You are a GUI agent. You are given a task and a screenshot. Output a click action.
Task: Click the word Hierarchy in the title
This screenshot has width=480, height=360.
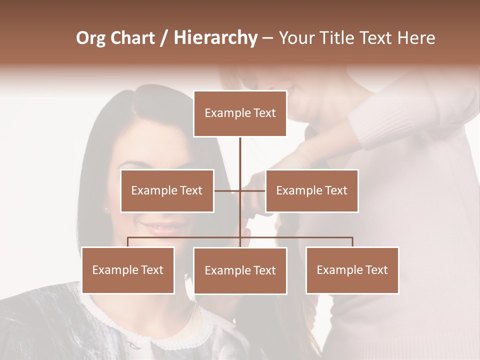tap(215, 38)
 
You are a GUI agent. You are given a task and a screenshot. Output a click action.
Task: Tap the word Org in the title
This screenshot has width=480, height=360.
tap(91, 38)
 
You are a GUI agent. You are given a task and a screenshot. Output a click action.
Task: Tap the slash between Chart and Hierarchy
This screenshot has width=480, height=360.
tap(164, 38)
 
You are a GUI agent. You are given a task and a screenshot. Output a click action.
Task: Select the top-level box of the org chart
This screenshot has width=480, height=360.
tap(240, 113)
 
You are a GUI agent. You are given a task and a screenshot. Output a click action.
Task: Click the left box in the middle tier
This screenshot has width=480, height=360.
tap(167, 190)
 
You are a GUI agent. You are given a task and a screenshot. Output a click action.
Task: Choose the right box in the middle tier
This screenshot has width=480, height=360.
tap(311, 190)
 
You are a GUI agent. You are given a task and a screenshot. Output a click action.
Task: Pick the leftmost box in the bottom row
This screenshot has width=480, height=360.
tap(128, 270)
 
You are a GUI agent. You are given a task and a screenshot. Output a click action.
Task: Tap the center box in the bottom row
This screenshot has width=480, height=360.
tap(240, 270)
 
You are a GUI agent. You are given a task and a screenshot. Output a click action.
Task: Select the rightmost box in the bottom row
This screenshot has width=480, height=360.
tap(352, 270)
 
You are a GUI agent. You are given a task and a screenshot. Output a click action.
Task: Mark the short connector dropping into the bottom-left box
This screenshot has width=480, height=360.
tap(128, 242)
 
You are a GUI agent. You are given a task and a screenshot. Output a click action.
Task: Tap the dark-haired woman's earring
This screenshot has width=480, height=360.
tap(105, 208)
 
